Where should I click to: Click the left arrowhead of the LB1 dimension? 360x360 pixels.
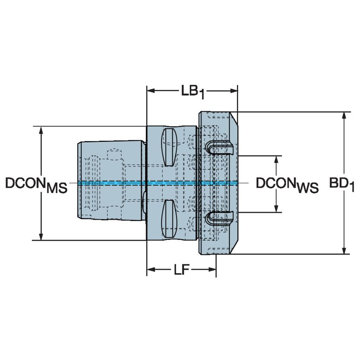tap(150, 91)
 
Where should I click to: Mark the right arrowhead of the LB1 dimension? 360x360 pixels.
tap(234, 91)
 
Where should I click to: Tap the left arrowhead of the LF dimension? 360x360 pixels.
tap(150, 269)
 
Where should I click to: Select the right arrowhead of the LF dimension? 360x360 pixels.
tap(212, 269)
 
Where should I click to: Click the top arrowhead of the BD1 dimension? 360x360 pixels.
tap(345, 116)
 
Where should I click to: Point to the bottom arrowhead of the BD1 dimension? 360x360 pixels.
tap(345, 251)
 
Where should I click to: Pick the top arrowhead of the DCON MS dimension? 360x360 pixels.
tap(41, 130)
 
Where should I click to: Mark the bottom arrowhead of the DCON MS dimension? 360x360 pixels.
tap(41, 237)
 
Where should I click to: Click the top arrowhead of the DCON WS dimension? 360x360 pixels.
tap(277, 159)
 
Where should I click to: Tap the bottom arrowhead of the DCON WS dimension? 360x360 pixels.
tap(277, 208)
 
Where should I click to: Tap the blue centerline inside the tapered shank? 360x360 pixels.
tap(112, 183)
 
